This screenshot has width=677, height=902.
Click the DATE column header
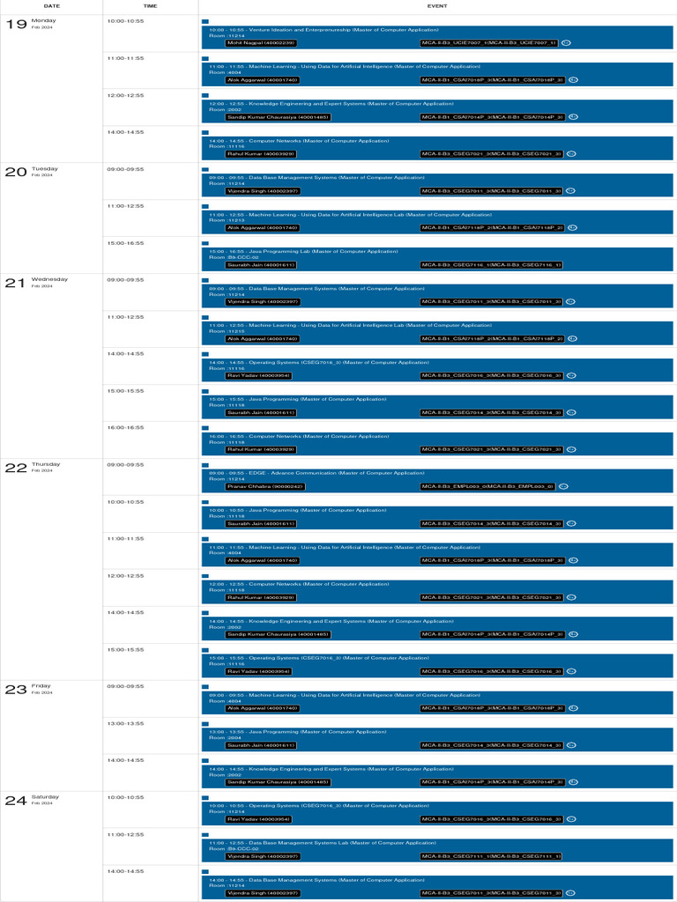[x=51, y=6]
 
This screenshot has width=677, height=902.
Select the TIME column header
[x=151, y=6]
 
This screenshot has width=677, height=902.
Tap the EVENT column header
[x=436, y=6]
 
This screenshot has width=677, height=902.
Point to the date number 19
[x=16, y=24]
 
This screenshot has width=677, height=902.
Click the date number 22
[x=16, y=468]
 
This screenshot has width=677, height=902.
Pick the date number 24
[x=16, y=801]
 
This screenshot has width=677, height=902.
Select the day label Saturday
[x=45, y=797]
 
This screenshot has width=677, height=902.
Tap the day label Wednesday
[x=49, y=279]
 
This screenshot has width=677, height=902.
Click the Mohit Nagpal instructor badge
[x=261, y=42]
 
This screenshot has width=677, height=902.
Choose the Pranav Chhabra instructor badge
[x=265, y=486]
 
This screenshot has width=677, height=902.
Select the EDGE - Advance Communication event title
[x=316, y=473]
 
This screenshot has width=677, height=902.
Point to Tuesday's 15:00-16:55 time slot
[x=125, y=242]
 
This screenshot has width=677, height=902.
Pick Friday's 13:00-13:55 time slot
[x=125, y=723]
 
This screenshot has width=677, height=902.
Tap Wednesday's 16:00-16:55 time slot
[x=125, y=427]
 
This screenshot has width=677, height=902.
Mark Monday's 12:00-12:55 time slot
[x=125, y=95]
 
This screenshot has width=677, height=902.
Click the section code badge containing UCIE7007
[x=489, y=42]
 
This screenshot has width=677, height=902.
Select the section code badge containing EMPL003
[x=487, y=486]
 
